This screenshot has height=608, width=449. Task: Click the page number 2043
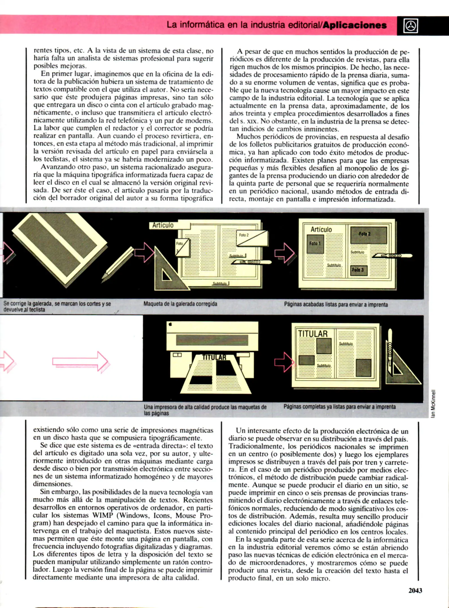[x=415, y=591]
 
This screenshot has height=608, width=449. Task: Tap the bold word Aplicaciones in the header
[x=355, y=25]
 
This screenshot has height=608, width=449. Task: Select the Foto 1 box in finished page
[x=315, y=243]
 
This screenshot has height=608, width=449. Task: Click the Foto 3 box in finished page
[x=358, y=270]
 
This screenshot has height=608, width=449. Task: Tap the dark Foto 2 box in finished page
[x=368, y=234]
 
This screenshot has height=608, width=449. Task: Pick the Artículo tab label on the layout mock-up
[x=163, y=225]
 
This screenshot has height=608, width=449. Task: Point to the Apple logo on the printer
[x=170, y=324]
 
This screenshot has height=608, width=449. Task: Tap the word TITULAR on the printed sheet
[x=214, y=357]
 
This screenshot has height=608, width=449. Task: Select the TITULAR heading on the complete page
[x=313, y=334]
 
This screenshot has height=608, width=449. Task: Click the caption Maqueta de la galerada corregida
[x=180, y=304]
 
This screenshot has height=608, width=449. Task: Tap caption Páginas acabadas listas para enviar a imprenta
[x=336, y=304]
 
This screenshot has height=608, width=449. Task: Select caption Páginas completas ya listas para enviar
[x=339, y=407]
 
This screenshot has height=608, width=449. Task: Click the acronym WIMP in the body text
[x=102, y=515]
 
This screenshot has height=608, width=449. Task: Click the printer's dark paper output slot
[x=212, y=340]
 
